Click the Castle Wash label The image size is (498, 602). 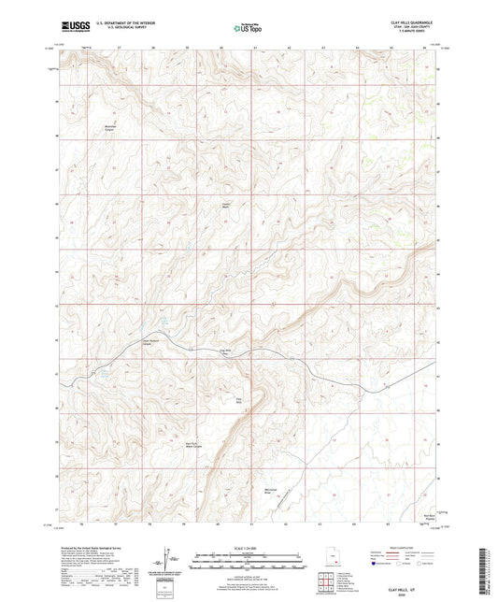(224, 205)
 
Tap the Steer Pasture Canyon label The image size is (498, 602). (152, 341)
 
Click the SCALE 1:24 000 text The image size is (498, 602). (248, 547)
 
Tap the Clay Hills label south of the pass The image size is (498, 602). (239, 401)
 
